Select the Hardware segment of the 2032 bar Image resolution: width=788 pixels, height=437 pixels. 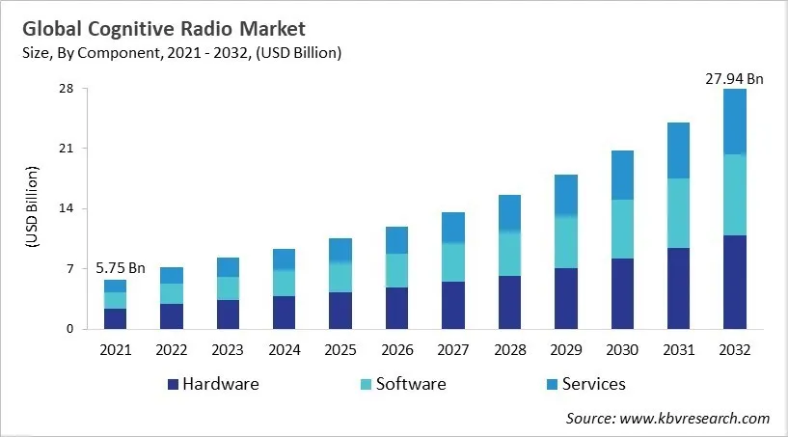735,282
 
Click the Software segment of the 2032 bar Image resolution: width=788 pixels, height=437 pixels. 735,195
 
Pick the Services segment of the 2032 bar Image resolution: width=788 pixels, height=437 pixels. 735,122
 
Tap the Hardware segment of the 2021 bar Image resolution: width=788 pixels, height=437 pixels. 115,318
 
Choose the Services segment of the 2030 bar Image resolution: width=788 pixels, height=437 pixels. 622,175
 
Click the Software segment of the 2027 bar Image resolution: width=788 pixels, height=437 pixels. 453,262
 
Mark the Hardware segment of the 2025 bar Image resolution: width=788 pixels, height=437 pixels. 340,310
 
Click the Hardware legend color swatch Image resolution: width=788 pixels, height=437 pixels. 174,384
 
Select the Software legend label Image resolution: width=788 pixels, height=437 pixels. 411,384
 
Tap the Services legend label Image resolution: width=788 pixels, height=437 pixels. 594,384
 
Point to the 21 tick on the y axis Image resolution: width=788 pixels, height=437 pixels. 66,149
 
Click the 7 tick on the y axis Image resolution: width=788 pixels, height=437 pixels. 69,269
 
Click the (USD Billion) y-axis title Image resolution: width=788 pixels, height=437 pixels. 32,208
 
